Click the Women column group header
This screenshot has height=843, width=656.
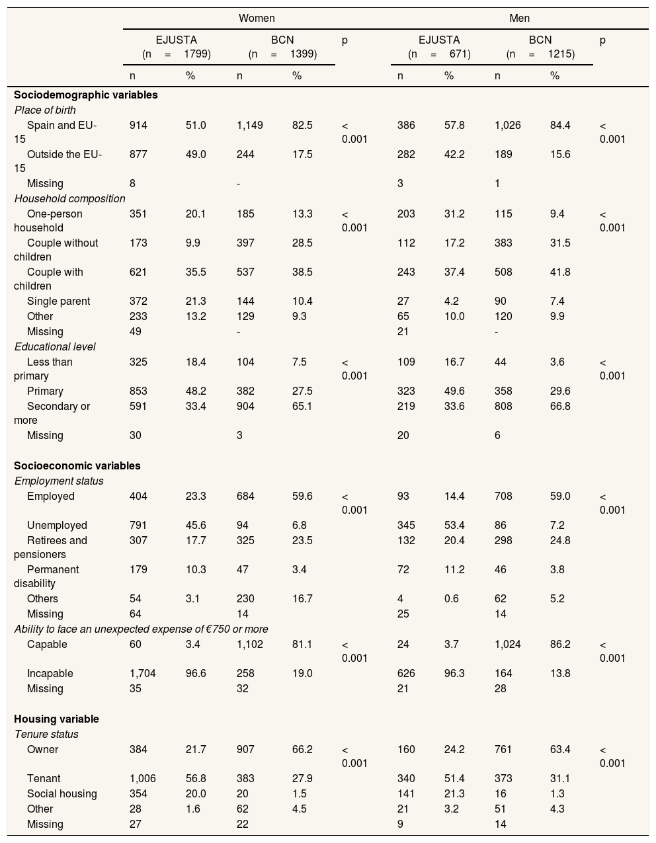257,18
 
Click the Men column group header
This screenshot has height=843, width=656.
519,18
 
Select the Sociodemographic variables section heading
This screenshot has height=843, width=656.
86,95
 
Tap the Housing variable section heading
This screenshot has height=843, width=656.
56,719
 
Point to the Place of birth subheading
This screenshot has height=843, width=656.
45,110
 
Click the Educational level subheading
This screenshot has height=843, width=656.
55,346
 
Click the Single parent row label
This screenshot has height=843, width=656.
58,301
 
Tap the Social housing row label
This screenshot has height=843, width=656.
61,793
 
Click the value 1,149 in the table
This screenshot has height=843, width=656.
250,125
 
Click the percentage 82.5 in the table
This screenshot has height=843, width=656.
302,125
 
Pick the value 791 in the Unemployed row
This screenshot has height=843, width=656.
138,525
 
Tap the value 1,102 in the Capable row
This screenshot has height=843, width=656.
250,644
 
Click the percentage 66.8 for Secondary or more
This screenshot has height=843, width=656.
560,406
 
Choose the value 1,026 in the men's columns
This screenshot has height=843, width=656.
508,125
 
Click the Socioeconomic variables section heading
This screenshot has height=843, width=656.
77,465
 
